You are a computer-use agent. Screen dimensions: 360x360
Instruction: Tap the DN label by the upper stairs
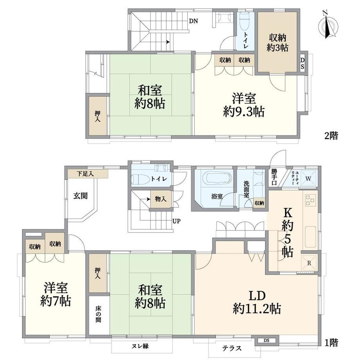(193, 21)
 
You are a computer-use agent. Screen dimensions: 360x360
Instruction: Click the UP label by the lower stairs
(176, 221)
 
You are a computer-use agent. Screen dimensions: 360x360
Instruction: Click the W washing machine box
(309, 178)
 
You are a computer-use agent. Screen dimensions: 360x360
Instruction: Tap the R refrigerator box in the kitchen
(309, 263)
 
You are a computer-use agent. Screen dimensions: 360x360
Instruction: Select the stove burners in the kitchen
(310, 200)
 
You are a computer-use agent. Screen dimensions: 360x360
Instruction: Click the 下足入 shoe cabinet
(88, 174)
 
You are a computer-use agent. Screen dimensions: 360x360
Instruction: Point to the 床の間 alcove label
(98, 314)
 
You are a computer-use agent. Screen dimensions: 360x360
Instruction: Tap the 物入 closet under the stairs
(161, 199)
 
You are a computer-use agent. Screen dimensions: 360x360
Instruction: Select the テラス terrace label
(232, 348)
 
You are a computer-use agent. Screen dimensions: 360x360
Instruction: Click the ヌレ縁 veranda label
(140, 346)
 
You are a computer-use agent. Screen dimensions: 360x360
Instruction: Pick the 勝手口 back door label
(274, 177)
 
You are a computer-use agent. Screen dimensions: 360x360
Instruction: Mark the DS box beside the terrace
(266, 340)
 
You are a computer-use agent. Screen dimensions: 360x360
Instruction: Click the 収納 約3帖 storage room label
(277, 43)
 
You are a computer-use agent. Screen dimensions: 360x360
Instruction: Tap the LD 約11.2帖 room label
(257, 302)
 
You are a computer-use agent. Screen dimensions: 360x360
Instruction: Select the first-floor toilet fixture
(139, 179)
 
